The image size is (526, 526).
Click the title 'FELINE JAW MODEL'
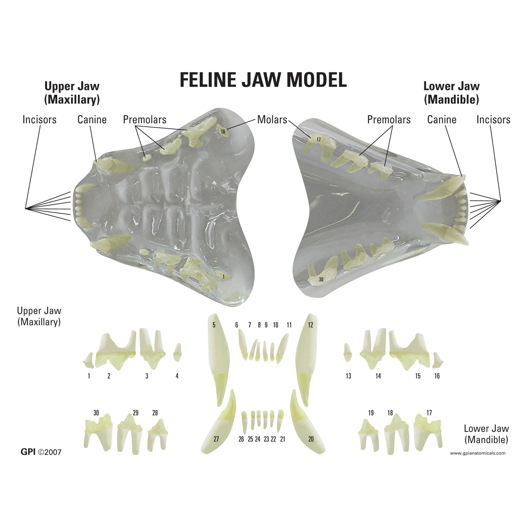[x=263, y=80]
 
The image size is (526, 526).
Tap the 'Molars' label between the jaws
[x=272, y=119]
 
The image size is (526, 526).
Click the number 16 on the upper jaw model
[x=223, y=131]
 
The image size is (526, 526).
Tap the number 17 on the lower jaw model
[x=318, y=139]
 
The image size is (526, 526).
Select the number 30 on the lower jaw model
[x=321, y=279]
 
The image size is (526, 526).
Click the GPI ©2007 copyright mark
[x=41, y=452]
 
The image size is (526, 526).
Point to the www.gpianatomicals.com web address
[x=478, y=453]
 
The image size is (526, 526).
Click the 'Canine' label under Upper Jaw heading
[x=92, y=119]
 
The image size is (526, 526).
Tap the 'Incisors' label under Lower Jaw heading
[x=493, y=119]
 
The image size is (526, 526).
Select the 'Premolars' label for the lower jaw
[x=389, y=119]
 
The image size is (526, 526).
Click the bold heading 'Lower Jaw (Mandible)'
[x=451, y=93]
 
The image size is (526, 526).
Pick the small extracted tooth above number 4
[x=178, y=352]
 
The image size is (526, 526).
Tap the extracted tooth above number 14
[x=373, y=349]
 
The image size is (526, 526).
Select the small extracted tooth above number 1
[x=89, y=360]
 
